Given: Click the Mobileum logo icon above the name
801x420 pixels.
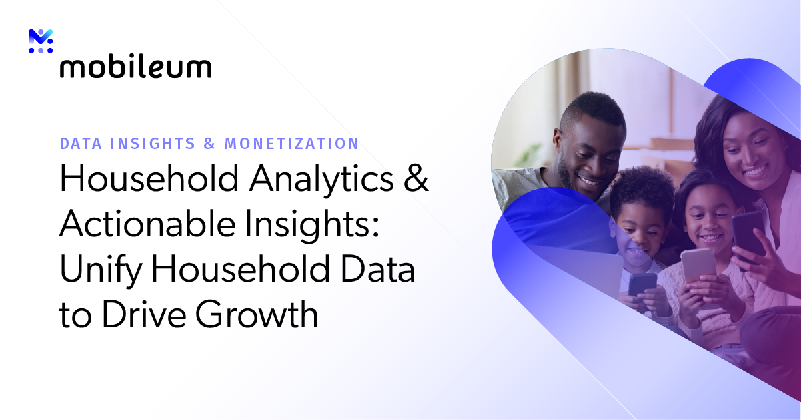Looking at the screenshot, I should tap(41, 41).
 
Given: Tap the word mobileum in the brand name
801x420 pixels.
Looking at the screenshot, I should tap(135, 67).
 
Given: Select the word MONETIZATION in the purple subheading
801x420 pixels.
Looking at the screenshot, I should tap(291, 143).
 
